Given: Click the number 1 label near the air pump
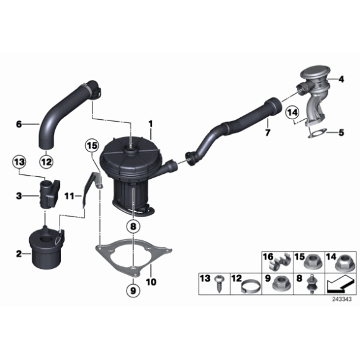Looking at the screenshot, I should click(150, 124).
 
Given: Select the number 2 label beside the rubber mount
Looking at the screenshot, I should click(19, 253).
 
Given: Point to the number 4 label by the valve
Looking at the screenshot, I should click(341, 79).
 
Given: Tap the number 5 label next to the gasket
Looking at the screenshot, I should click(341, 132).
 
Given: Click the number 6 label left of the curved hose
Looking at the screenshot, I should click(19, 124).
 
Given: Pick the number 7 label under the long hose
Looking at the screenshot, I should click(268, 133).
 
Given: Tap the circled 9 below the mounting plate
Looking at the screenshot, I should click(131, 290).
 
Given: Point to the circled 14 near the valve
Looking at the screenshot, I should click(292, 113).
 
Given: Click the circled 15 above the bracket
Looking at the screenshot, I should click(92, 146).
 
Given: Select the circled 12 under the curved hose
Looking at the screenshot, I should click(46, 163).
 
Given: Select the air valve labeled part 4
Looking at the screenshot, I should click(314, 84).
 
